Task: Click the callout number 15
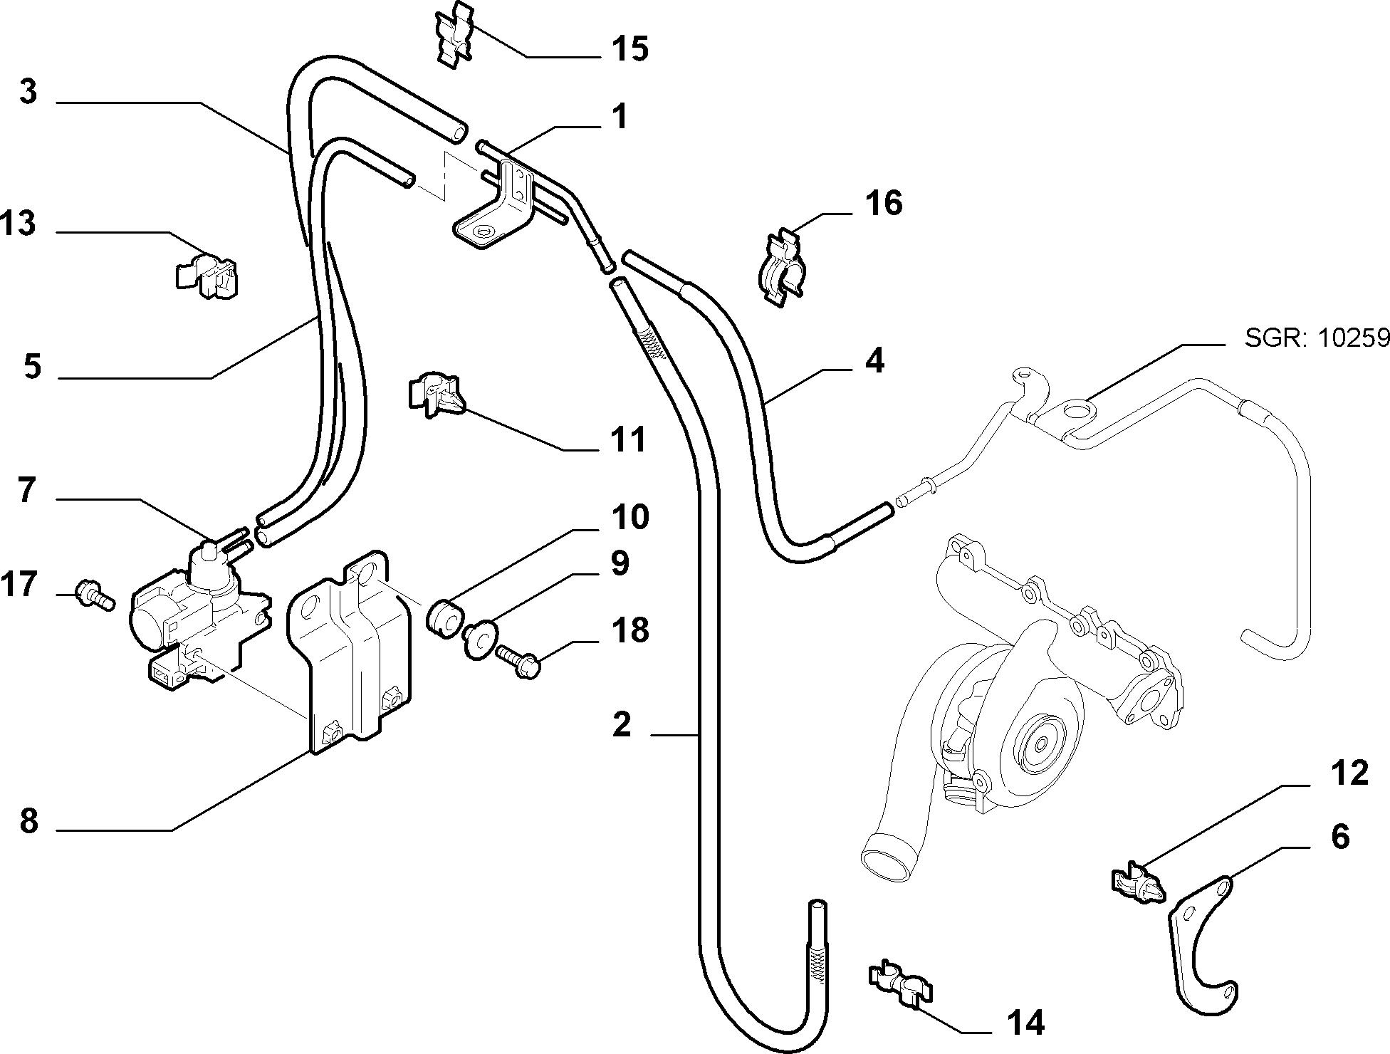[629, 49]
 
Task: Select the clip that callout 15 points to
[454, 34]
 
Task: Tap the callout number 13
[18, 224]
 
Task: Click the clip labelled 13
[206, 273]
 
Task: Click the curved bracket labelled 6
[1203, 943]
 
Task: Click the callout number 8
[29, 821]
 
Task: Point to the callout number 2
[622, 724]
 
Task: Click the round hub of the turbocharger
[1039, 743]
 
